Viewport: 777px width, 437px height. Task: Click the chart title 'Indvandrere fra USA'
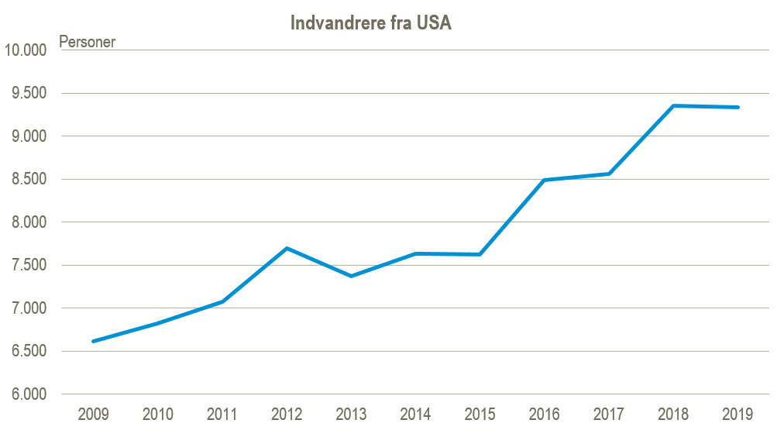[x=370, y=23]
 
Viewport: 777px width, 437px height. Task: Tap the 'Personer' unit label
[x=87, y=42]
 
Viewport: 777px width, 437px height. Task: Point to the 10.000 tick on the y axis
[x=26, y=50]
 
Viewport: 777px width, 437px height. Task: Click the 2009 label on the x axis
[x=94, y=415]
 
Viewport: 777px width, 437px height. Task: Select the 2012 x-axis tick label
[x=287, y=415]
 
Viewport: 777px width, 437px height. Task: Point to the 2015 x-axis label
[x=480, y=415]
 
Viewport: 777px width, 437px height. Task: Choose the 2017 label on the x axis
[x=608, y=415]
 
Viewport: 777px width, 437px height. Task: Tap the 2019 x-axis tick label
[x=737, y=415]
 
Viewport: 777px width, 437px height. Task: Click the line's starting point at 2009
[x=94, y=341]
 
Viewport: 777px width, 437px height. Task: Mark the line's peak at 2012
[x=287, y=248]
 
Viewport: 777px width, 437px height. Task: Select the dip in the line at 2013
[x=351, y=276]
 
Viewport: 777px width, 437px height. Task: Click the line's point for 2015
[x=480, y=254]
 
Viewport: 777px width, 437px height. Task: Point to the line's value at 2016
[x=544, y=180]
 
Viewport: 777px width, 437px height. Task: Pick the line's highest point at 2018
[x=672, y=105]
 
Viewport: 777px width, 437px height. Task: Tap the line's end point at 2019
[x=737, y=107]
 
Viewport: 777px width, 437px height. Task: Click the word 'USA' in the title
[x=434, y=23]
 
